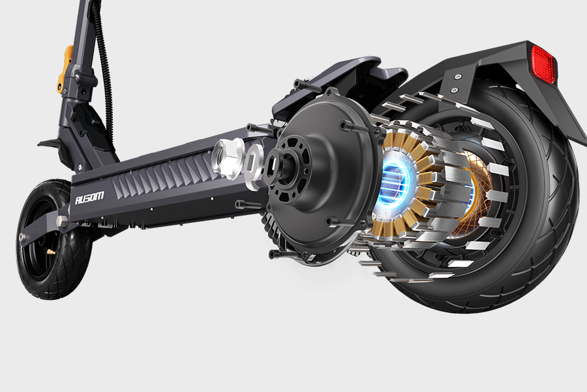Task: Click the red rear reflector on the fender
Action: click(544, 64)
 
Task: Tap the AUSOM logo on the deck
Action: click(89, 197)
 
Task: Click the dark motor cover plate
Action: click(322, 176)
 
